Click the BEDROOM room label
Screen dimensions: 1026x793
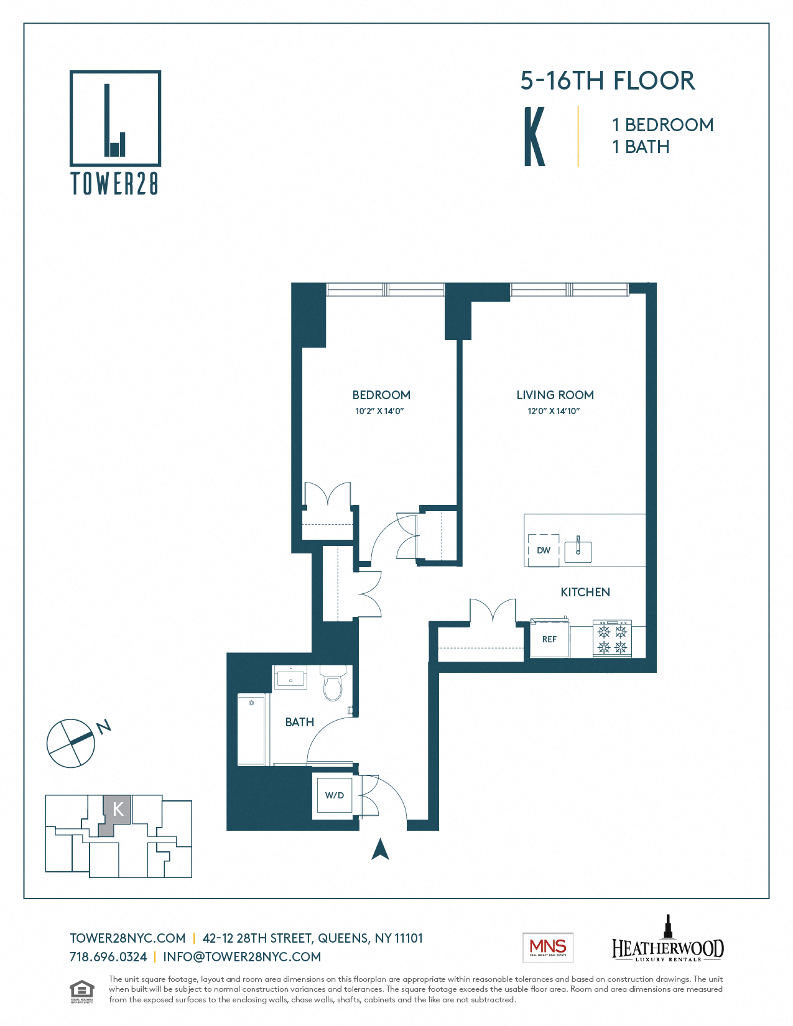click(381, 395)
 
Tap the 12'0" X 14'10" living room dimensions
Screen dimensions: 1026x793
click(554, 411)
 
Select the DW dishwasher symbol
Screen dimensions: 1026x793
click(544, 550)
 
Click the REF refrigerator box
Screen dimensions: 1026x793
click(549, 639)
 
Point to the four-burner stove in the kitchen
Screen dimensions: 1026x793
click(612, 639)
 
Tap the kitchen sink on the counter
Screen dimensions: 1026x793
click(578, 551)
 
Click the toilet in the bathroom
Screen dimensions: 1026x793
click(333, 684)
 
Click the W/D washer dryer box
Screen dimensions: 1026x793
click(335, 795)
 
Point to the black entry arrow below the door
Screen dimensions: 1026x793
click(380, 849)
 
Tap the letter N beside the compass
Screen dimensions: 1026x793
click(104, 726)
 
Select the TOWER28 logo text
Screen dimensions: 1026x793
click(115, 183)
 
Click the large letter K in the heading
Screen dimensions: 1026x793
click(534, 137)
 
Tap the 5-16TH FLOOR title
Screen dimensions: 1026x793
click(607, 81)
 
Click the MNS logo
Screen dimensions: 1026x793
click(547, 948)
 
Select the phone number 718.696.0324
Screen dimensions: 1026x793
click(108, 957)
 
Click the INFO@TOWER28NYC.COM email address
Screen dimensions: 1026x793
click(242, 957)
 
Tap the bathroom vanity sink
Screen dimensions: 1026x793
click(290, 678)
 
